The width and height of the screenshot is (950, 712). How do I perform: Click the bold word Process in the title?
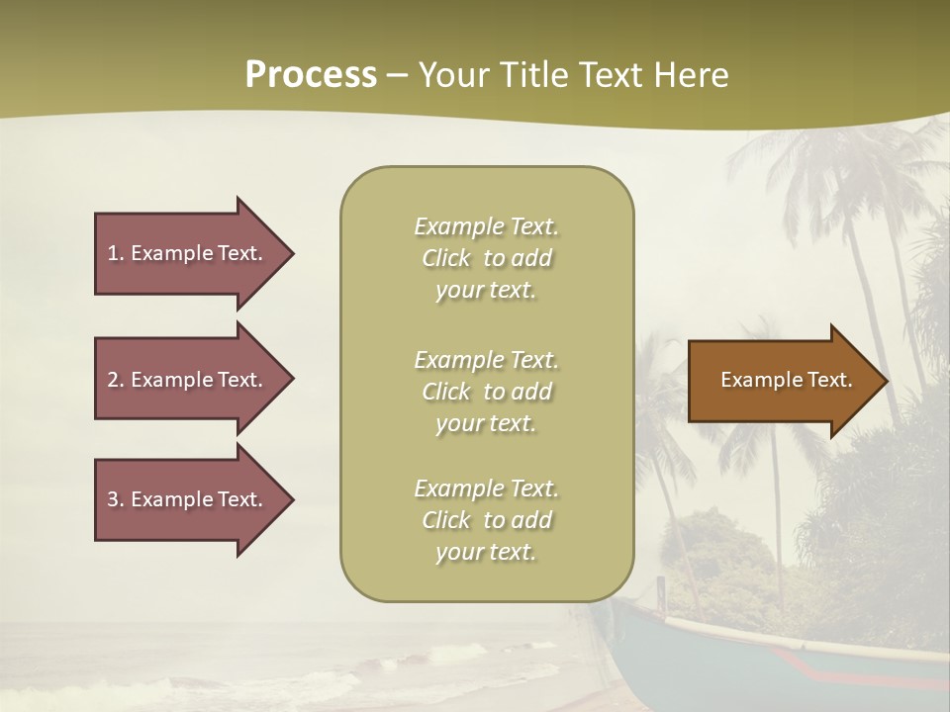(311, 75)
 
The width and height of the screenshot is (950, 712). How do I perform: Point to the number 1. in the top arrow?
(116, 253)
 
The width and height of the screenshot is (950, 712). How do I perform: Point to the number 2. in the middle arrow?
(116, 380)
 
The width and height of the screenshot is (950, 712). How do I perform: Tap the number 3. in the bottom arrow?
(116, 499)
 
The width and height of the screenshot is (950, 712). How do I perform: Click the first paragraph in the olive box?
(486, 258)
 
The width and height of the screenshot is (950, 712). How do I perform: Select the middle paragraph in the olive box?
(486, 392)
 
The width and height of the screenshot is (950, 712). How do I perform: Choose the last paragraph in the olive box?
(486, 520)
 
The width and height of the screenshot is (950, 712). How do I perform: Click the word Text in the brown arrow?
(830, 380)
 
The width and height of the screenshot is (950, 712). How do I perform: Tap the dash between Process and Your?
(397, 76)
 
